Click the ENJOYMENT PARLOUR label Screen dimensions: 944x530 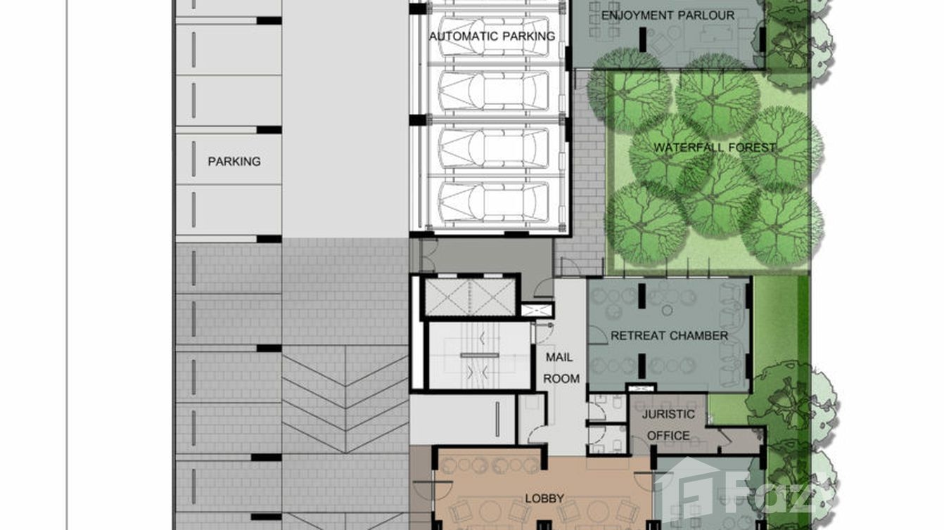click(x=668, y=15)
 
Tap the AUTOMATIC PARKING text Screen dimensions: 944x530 click(x=492, y=37)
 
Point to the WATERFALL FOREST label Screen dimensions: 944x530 click(x=715, y=148)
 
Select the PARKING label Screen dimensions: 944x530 click(x=234, y=161)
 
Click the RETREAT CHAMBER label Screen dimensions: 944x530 click(x=669, y=335)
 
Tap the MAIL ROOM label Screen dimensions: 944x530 click(x=561, y=368)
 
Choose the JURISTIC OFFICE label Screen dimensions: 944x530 click(x=668, y=425)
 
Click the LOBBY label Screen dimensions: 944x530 click(x=544, y=498)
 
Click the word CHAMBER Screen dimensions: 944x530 click(x=699, y=335)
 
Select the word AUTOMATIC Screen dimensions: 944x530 click(x=462, y=37)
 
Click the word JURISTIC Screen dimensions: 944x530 click(x=668, y=414)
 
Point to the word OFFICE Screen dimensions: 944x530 click(x=668, y=436)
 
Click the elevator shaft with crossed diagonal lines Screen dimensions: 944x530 click(x=470, y=297)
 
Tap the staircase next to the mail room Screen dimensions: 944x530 click(x=480, y=356)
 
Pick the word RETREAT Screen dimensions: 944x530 click(x=637, y=335)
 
